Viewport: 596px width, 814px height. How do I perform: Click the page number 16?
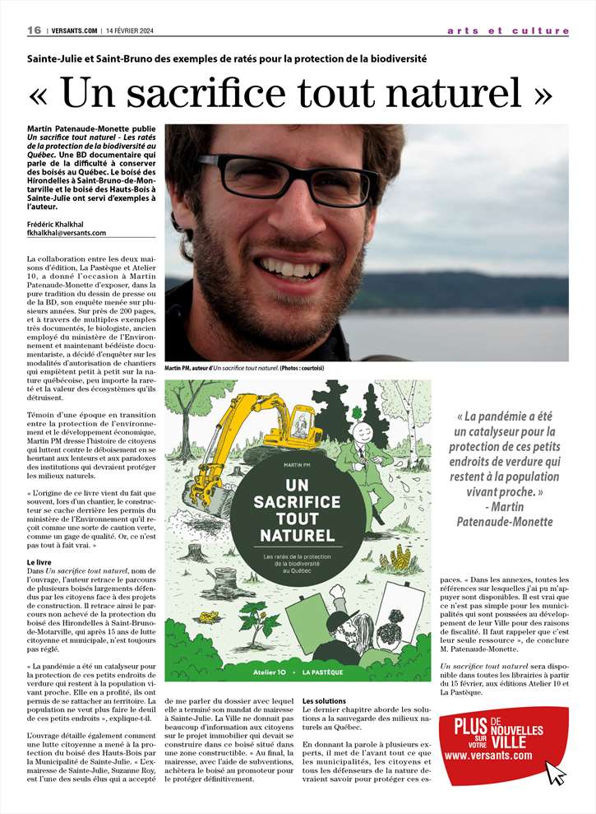34,30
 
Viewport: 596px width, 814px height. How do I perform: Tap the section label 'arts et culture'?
508,30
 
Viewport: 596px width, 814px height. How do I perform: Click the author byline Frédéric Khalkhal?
60,223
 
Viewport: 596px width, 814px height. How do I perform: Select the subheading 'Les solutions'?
324,700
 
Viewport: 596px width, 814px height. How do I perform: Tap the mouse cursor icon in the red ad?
556,771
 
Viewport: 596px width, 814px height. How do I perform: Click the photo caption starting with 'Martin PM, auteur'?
245,368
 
